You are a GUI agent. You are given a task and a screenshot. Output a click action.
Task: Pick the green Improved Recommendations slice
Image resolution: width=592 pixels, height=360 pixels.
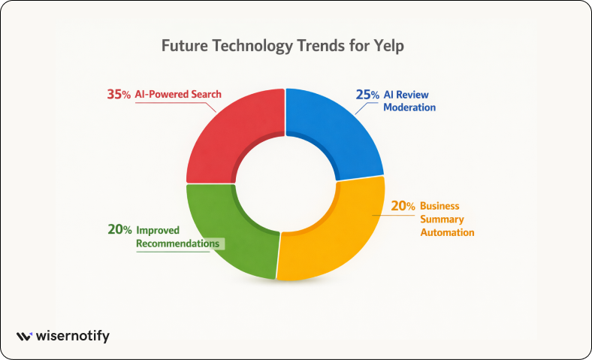[x=223, y=234]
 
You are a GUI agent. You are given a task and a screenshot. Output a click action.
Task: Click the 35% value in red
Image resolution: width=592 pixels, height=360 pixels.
[x=119, y=94]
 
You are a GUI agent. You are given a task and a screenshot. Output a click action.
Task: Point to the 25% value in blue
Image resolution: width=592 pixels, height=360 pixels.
[x=367, y=95]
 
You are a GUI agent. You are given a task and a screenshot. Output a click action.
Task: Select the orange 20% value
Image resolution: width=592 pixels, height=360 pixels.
[x=403, y=206]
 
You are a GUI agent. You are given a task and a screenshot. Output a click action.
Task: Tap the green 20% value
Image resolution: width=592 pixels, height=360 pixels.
[x=119, y=229]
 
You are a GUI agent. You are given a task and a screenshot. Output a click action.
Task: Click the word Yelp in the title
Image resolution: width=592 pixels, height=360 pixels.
[x=389, y=46]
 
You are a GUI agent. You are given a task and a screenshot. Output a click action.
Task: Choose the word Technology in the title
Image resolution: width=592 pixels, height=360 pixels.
[x=252, y=46]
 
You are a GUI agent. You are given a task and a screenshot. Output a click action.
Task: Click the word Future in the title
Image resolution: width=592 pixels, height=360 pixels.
[x=185, y=46]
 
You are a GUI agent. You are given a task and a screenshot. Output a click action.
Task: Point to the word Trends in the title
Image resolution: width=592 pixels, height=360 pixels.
[x=321, y=46]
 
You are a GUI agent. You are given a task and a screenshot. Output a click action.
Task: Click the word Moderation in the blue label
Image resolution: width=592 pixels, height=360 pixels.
[x=409, y=107]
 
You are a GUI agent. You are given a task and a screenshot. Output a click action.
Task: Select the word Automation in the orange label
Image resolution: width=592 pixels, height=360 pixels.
[x=447, y=232]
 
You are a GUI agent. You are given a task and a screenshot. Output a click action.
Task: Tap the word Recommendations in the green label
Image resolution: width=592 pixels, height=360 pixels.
[x=177, y=244]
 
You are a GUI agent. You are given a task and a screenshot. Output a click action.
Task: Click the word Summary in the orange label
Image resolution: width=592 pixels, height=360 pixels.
[x=442, y=219]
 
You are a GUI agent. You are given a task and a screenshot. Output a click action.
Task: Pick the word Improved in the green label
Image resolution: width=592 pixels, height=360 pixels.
[x=158, y=231]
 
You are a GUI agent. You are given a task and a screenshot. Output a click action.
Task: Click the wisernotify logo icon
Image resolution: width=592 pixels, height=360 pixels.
[x=24, y=336]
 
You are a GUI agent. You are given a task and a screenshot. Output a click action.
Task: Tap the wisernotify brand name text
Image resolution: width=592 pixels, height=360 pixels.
[x=72, y=336]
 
